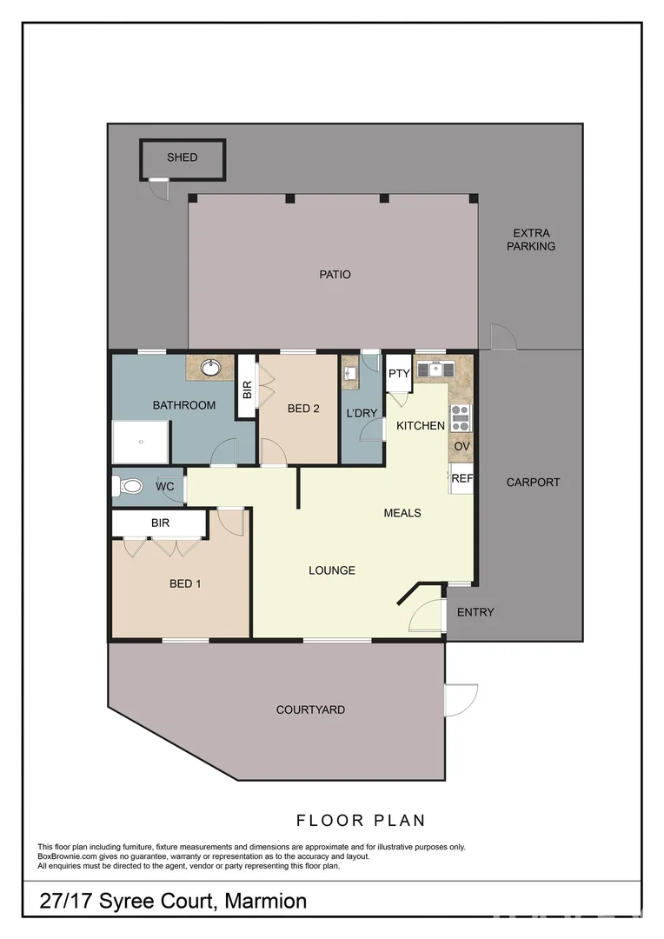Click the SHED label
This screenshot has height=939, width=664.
(183, 157)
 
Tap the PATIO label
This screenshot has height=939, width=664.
(335, 275)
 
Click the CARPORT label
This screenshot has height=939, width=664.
(533, 482)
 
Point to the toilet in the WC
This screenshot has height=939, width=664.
(129, 487)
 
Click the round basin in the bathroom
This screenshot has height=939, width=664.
(209, 369)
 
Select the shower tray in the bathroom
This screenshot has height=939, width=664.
(140, 442)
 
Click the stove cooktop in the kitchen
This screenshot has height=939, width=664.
(460, 417)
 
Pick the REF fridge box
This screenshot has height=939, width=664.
(461, 478)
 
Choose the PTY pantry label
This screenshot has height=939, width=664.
(399, 374)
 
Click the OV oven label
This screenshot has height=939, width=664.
(461, 446)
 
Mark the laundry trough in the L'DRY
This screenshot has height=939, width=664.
(349, 373)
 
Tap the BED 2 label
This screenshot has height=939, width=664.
(303, 409)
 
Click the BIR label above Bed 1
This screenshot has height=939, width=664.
(160, 523)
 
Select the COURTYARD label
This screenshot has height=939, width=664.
(310, 709)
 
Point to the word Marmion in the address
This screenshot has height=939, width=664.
(265, 901)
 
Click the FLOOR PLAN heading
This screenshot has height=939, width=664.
(361, 820)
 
